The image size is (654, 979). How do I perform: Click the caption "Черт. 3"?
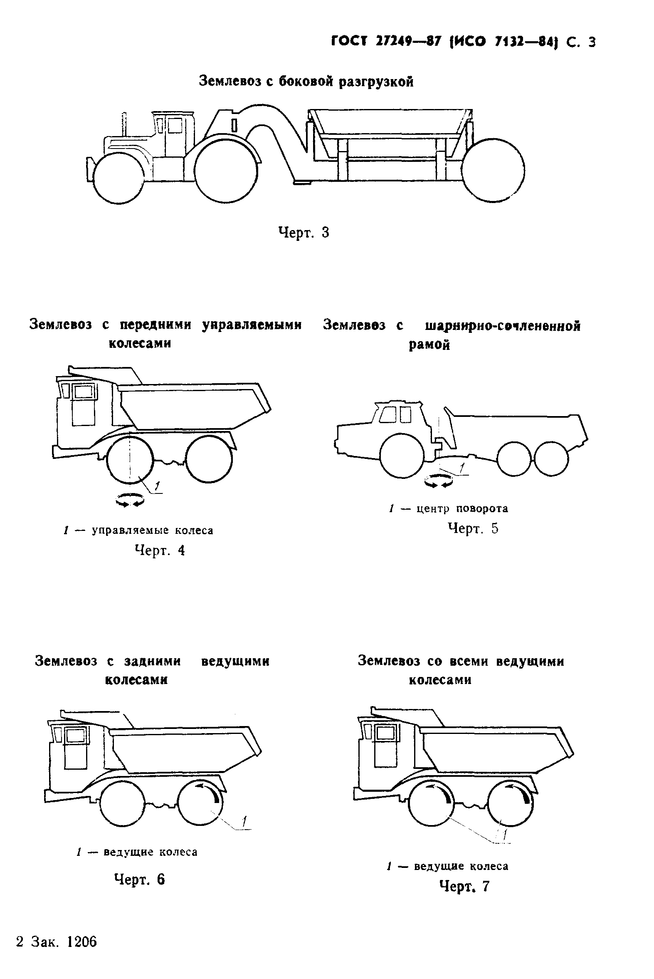pos(304,233)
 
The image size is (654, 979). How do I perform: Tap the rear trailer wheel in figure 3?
pos(493,170)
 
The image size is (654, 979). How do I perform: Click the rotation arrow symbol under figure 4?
pos(130,500)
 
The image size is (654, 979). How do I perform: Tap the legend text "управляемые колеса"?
pos(152,531)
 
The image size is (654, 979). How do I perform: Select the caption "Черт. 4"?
pos(160,551)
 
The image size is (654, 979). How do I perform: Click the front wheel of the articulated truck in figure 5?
pos(402,456)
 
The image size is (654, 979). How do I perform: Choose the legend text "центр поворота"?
pos(462,509)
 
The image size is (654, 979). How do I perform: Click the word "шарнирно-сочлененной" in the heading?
pos(503,326)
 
